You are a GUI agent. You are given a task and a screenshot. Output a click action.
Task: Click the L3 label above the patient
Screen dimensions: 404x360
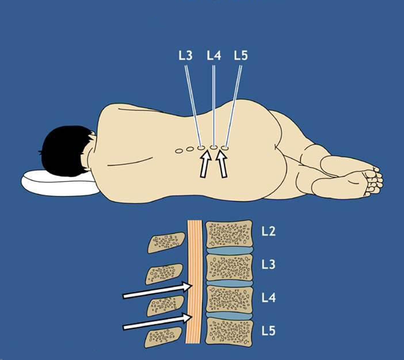tap(185, 55)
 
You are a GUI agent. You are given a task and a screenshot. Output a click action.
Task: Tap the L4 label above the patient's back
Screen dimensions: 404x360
tap(214, 55)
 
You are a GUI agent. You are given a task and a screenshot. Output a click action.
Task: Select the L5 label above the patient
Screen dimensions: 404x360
tap(241, 55)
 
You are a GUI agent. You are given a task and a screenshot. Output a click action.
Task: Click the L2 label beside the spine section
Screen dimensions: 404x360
tap(269, 231)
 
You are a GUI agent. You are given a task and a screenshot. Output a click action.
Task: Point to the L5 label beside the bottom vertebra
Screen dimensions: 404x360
tap(269, 331)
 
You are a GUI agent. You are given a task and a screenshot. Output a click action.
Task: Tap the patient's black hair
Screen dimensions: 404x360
tap(66, 151)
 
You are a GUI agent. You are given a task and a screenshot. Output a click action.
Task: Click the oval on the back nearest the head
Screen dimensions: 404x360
tap(179, 151)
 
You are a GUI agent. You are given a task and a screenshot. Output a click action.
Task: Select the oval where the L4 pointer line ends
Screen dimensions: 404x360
tap(214, 148)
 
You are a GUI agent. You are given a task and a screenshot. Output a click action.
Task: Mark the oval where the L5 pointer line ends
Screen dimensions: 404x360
tap(225, 148)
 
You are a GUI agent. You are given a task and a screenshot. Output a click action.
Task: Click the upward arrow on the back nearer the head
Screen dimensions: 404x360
tap(205, 164)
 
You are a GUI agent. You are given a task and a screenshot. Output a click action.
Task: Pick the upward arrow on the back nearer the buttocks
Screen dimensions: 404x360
tap(222, 164)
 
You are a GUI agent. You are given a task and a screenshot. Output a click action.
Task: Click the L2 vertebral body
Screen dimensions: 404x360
tap(229, 234)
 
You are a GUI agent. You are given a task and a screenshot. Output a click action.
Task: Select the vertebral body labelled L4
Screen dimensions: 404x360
tap(229, 299)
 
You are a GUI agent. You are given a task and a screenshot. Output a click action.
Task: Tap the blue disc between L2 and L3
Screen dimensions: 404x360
tap(229, 251)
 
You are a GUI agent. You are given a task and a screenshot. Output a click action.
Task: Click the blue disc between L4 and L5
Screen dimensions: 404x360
tap(229, 316)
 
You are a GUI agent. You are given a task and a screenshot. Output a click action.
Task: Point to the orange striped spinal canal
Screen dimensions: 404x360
tap(195, 282)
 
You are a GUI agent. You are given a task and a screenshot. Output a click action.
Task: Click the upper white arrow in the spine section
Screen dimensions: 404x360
tap(157, 290)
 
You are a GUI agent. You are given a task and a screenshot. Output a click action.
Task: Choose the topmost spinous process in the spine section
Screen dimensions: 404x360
tap(166, 242)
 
